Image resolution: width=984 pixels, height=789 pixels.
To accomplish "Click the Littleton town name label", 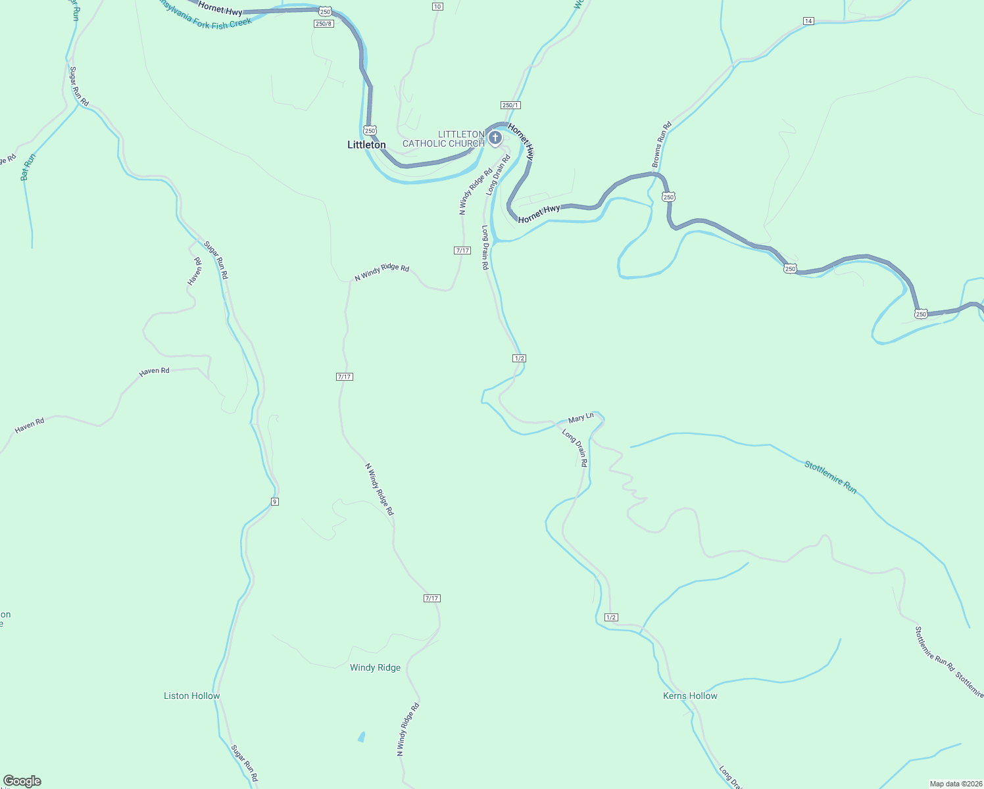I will click(366, 145).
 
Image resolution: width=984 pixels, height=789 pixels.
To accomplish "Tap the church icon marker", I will click(495, 138).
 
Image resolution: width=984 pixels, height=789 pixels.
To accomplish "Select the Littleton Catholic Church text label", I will click(443, 139).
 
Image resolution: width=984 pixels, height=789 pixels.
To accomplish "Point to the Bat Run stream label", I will click(28, 167).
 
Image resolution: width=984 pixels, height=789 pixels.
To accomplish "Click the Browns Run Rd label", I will click(661, 144).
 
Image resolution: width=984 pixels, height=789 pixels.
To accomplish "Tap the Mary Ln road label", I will click(581, 418).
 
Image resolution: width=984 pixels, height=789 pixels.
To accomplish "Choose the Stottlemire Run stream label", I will click(831, 477).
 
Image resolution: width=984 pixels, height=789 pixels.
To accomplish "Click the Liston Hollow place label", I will click(191, 696).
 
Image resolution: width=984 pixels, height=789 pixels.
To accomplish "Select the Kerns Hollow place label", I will click(690, 696).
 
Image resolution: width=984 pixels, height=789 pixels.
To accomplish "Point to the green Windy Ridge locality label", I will click(375, 667).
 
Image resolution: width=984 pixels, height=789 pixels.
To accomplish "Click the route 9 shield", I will click(274, 502).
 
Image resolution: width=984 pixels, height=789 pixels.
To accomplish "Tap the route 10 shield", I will click(437, 7).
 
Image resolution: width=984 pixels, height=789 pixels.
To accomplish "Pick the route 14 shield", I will click(808, 21).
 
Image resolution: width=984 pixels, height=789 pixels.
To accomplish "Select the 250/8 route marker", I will click(324, 24).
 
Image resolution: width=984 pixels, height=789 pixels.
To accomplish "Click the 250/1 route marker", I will click(510, 105).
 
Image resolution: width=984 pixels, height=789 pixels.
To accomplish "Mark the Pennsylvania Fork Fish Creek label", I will click(204, 18).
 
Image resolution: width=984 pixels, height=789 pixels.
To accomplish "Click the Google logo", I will click(22, 781).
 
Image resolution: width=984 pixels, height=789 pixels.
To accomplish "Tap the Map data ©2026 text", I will click(955, 784).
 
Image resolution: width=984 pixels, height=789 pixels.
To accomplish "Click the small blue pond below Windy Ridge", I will click(361, 736).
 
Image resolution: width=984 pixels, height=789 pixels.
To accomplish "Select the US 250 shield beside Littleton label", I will click(370, 131).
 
